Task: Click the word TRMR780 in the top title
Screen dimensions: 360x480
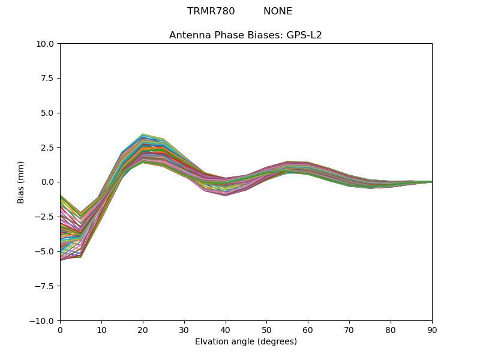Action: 211,11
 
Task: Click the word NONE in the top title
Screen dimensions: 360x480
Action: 278,11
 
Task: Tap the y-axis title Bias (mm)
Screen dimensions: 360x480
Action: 21,182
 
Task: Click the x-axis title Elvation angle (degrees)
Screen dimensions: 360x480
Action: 246,342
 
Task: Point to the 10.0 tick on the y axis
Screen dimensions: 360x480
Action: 46,44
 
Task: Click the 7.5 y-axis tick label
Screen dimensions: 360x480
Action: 48,79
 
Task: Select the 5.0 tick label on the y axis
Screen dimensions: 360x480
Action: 48,113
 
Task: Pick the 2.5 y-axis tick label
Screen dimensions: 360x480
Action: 48,148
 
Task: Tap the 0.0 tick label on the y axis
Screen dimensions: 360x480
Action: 48,182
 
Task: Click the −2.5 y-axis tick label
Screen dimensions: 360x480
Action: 45,217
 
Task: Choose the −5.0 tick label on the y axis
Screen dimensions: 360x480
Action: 45,251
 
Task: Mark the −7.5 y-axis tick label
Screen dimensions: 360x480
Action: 45,286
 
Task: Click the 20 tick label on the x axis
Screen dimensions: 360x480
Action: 143,329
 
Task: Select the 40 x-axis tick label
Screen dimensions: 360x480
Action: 225,329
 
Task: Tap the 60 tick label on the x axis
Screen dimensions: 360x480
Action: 308,329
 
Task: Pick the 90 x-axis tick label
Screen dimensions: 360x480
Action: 432,329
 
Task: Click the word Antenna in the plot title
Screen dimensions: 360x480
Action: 190,35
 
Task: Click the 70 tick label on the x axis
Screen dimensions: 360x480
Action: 349,329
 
